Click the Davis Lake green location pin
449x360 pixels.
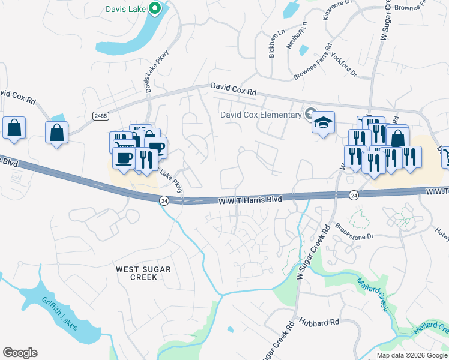point(155,8)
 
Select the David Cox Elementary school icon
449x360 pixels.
point(323,122)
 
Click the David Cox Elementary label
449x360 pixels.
point(261,115)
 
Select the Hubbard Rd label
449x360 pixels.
point(317,322)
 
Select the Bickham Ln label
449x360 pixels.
point(276,41)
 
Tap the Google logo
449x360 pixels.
point(20,353)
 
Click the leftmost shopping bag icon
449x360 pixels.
point(14,128)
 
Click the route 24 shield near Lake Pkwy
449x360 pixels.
point(164,200)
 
